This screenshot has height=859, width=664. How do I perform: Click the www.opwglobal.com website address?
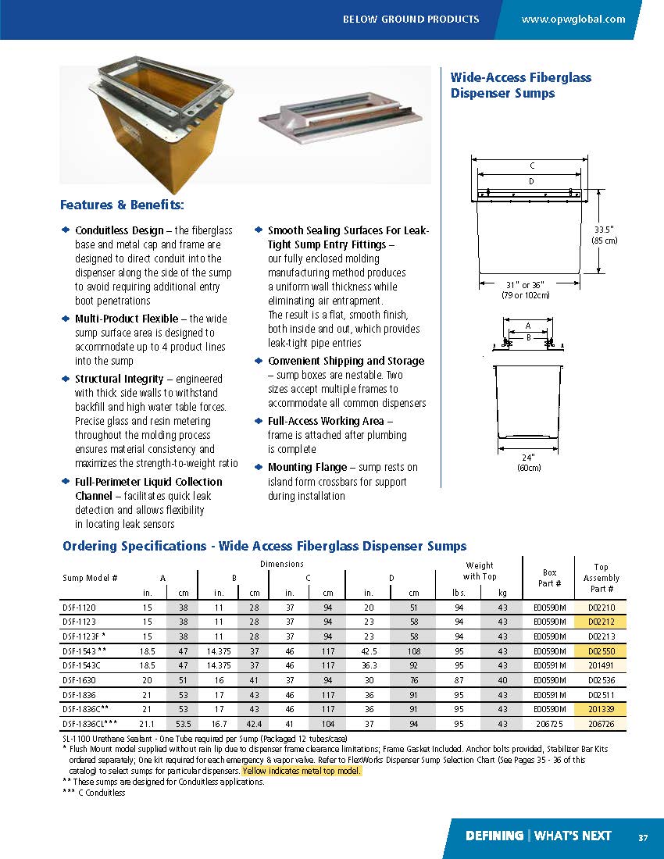point(573,19)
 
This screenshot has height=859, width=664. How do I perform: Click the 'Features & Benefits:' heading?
point(122,205)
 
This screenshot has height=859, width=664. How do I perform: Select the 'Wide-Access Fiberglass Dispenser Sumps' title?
point(520,85)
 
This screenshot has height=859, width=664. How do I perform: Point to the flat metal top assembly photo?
point(343,124)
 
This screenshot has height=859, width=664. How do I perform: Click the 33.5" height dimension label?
point(605,235)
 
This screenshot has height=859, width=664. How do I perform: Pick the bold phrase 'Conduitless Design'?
point(119,230)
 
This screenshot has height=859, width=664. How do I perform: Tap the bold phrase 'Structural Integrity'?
point(119,379)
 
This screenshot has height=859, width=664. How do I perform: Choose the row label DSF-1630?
point(77,680)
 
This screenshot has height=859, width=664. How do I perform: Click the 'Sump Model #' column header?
point(90,578)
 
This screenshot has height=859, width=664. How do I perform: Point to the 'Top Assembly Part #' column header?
point(601,578)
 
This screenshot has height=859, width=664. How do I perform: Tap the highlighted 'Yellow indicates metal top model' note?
point(302,771)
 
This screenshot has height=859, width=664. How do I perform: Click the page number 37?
point(642,837)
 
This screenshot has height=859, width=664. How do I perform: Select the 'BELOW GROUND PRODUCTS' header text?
point(411,19)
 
